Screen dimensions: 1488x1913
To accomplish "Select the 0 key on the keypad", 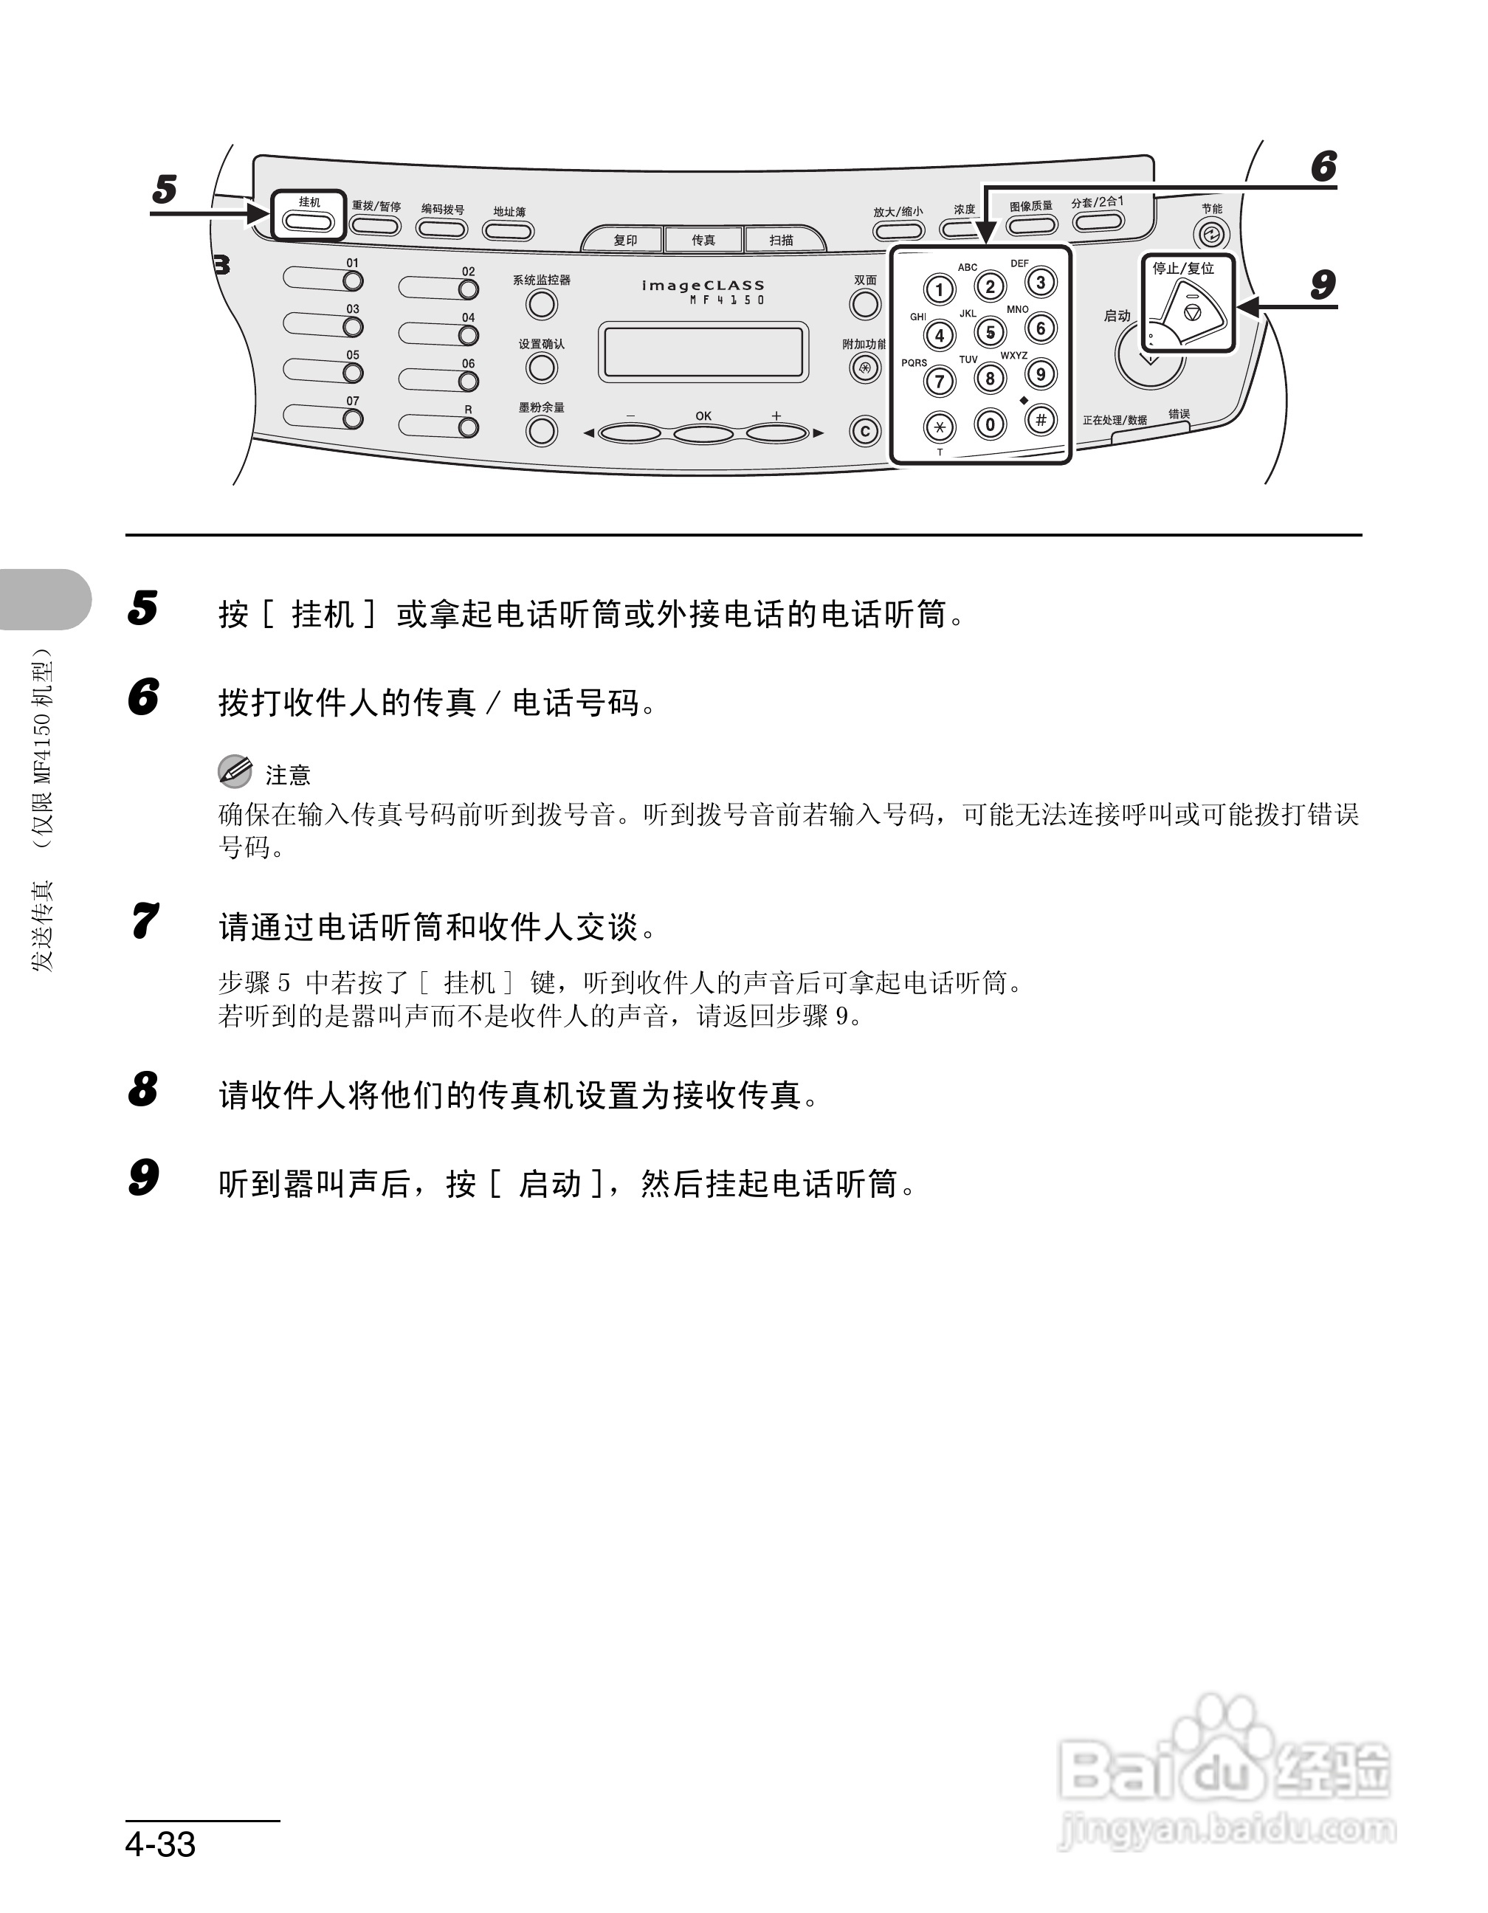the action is point(990,425).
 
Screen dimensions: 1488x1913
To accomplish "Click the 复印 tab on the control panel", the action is point(624,240).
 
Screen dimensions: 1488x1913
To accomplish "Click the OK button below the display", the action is point(703,432).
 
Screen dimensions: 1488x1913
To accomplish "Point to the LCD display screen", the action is point(703,352).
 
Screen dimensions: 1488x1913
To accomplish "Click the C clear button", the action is point(865,432).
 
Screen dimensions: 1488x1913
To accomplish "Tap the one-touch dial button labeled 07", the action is point(352,418).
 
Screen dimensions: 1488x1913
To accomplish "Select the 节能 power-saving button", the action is point(1211,234).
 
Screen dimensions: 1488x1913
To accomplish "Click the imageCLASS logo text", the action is point(703,286).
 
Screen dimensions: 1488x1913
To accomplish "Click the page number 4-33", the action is point(160,1843).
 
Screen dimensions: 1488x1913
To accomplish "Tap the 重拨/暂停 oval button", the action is point(375,227).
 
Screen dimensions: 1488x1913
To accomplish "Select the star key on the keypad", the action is point(940,427).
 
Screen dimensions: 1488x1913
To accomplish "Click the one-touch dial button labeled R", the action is point(469,427).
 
